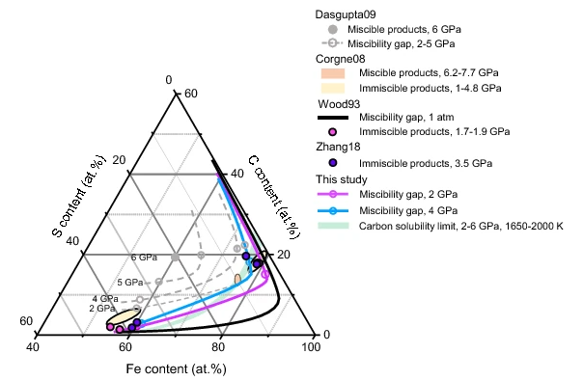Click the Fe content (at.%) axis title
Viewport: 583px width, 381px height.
[177, 369]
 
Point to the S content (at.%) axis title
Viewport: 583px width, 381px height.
[78, 196]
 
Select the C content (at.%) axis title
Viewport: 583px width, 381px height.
[274, 197]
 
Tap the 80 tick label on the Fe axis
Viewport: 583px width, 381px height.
[218, 347]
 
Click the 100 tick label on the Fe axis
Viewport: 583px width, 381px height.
[311, 347]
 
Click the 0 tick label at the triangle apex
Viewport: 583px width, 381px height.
[169, 80]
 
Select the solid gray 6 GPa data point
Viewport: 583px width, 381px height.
[176, 257]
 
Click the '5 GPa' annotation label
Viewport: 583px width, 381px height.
[130, 283]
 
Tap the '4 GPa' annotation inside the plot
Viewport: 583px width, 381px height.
[105, 299]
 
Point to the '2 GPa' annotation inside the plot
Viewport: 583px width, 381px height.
[102, 308]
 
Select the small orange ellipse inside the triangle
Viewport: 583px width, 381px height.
[237, 279]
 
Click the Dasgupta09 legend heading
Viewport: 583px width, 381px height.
[346, 14]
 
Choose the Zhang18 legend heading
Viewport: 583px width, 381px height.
[338, 148]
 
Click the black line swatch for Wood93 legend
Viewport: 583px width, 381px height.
[333, 118]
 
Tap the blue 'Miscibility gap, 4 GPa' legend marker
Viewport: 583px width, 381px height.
[333, 211]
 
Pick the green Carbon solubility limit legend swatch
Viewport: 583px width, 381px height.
[333, 226]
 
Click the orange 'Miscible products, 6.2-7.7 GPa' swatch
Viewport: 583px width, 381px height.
[333, 73]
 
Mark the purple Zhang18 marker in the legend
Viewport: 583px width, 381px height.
[333, 163]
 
